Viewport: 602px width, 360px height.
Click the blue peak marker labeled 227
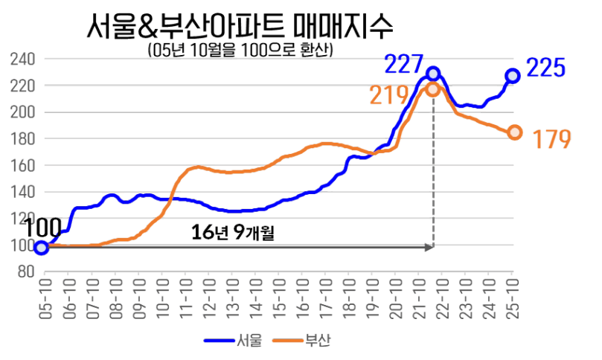(434, 74)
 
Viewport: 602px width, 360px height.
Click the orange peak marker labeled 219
(433, 89)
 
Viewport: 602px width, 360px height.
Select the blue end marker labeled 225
(513, 75)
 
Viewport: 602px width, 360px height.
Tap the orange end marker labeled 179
(514, 132)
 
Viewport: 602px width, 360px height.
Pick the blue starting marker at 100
(42, 248)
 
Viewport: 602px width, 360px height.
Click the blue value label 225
(546, 69)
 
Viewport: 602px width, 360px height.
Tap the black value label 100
(42, 228)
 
